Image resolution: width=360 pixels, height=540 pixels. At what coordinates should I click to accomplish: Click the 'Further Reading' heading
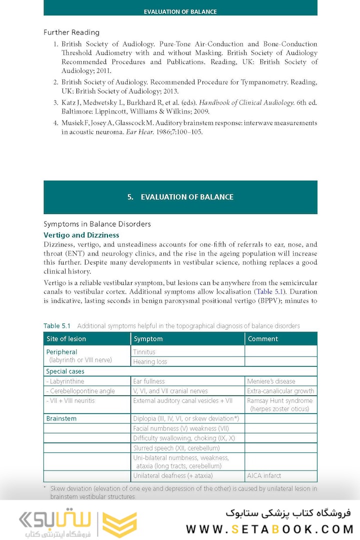[71, 32]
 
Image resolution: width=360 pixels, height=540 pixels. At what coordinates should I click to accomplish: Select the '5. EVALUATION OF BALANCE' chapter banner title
[180, 197]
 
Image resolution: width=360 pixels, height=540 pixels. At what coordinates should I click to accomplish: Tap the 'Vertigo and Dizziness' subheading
[81, 235]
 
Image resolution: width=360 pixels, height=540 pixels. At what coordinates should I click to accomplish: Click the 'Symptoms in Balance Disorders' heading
[97, 224]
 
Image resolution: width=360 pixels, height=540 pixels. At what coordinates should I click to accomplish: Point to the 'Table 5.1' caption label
[58, 326]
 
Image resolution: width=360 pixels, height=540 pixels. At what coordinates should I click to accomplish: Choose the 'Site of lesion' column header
[66, 339]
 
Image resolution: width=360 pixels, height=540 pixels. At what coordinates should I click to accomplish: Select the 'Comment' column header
[262, 339]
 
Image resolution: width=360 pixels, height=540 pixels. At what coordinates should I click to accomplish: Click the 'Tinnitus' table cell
[144, 352]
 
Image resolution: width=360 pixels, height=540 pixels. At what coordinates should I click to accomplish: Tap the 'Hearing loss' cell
[150, 361]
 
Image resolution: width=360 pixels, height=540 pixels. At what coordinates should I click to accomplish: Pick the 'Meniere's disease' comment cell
[271, 381]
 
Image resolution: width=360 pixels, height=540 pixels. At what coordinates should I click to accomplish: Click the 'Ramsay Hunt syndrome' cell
[280, 400]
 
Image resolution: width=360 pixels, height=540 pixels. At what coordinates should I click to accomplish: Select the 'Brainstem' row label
[61, 418]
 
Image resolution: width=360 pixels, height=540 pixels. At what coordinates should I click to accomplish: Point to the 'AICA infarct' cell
[264, 475]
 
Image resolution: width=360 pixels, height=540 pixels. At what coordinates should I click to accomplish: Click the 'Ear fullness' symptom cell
[148, 381]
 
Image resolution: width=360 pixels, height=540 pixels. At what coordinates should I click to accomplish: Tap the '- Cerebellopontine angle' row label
[80, 391]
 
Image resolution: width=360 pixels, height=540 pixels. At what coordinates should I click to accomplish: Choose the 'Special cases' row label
[65, 371]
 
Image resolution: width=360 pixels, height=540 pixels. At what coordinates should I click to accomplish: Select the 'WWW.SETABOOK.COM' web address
[269, 529]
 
